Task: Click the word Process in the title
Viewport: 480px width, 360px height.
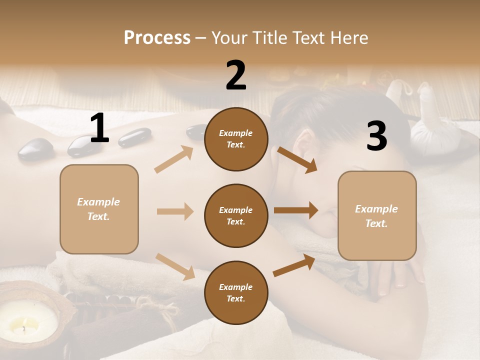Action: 157,37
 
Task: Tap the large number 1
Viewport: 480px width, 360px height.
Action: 99,128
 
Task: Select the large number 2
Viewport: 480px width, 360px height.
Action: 236,75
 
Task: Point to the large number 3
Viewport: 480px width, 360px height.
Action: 376,136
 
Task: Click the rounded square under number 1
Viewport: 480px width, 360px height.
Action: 99,209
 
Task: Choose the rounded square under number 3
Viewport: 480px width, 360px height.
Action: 377,216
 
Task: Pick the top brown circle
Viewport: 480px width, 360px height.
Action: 236,139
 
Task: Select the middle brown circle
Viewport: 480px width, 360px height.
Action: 236,215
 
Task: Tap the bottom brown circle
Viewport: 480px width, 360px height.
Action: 236,292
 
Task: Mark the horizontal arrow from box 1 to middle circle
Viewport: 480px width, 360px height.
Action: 175,211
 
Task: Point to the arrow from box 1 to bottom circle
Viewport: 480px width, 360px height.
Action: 175,266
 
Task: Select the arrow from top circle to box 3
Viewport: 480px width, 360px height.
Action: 297,159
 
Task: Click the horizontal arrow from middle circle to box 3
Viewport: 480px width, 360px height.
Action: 295,210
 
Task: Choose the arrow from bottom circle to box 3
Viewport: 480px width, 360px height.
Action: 294,265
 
